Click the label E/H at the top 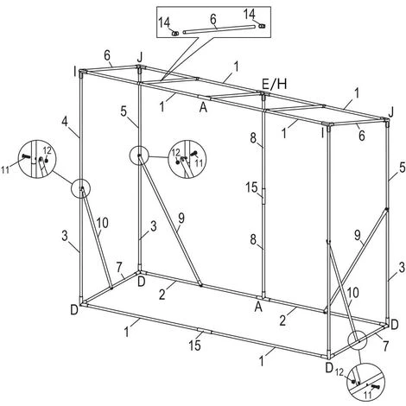coord(274,84)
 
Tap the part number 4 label coord(65,122)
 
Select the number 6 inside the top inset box coord(213,19)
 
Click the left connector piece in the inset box coord(175,34)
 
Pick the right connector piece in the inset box coord(262,26)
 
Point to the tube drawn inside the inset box coord(219,29)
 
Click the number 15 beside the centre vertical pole coord(251,187)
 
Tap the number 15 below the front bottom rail coord(195,345)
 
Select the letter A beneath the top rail coord(203,108)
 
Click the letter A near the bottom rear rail coord(258,308)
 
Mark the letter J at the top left coord(140,58)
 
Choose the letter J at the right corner coord(390,112)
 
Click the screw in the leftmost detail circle coord(26,156)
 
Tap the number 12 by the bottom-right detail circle coord(339,372)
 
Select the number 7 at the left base coord(119,267)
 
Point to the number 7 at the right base coord(385,345)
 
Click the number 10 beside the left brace coord(102,223)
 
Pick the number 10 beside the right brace coord(353,293)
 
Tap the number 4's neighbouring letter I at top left coord(75,72)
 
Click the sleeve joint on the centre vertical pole coord(263,196)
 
